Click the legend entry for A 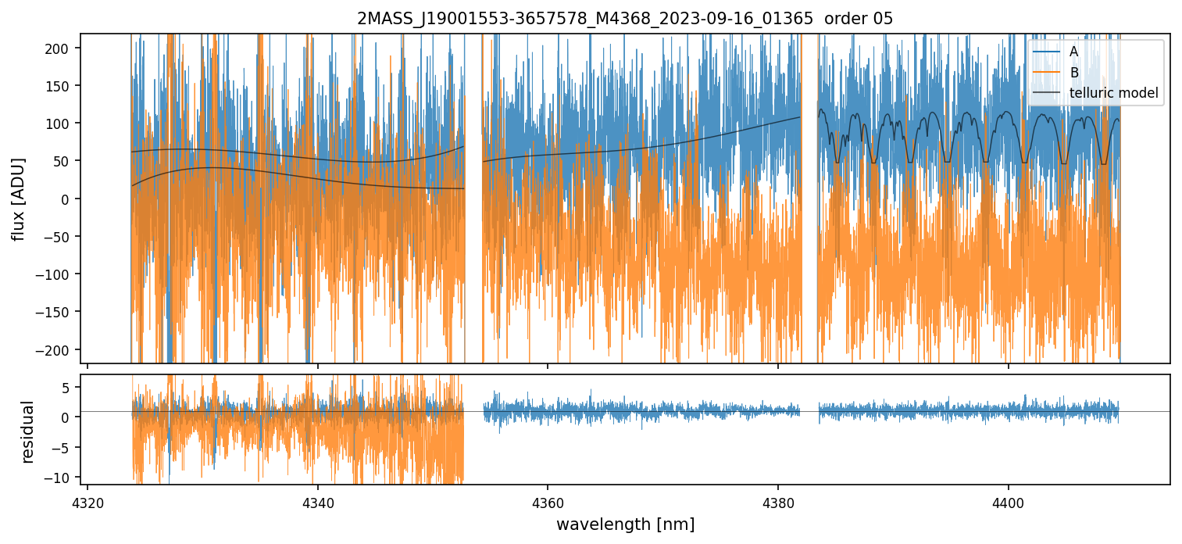pyautogui.click(x=1073, y=52)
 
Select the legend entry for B pyautogui.click(x=1073, y=73)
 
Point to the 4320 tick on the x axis pyautogui.click(x=87, y=500)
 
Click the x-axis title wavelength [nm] pyautogui.click(x=625, y=524)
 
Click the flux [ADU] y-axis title pyautogui.click(x=17, y=199)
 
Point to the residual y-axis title pyautogui.click(x=28, y=431)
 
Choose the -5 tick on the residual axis pyautogui.click(x=65, y=447)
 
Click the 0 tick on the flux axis pyautogui.click(x=68, y=199)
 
